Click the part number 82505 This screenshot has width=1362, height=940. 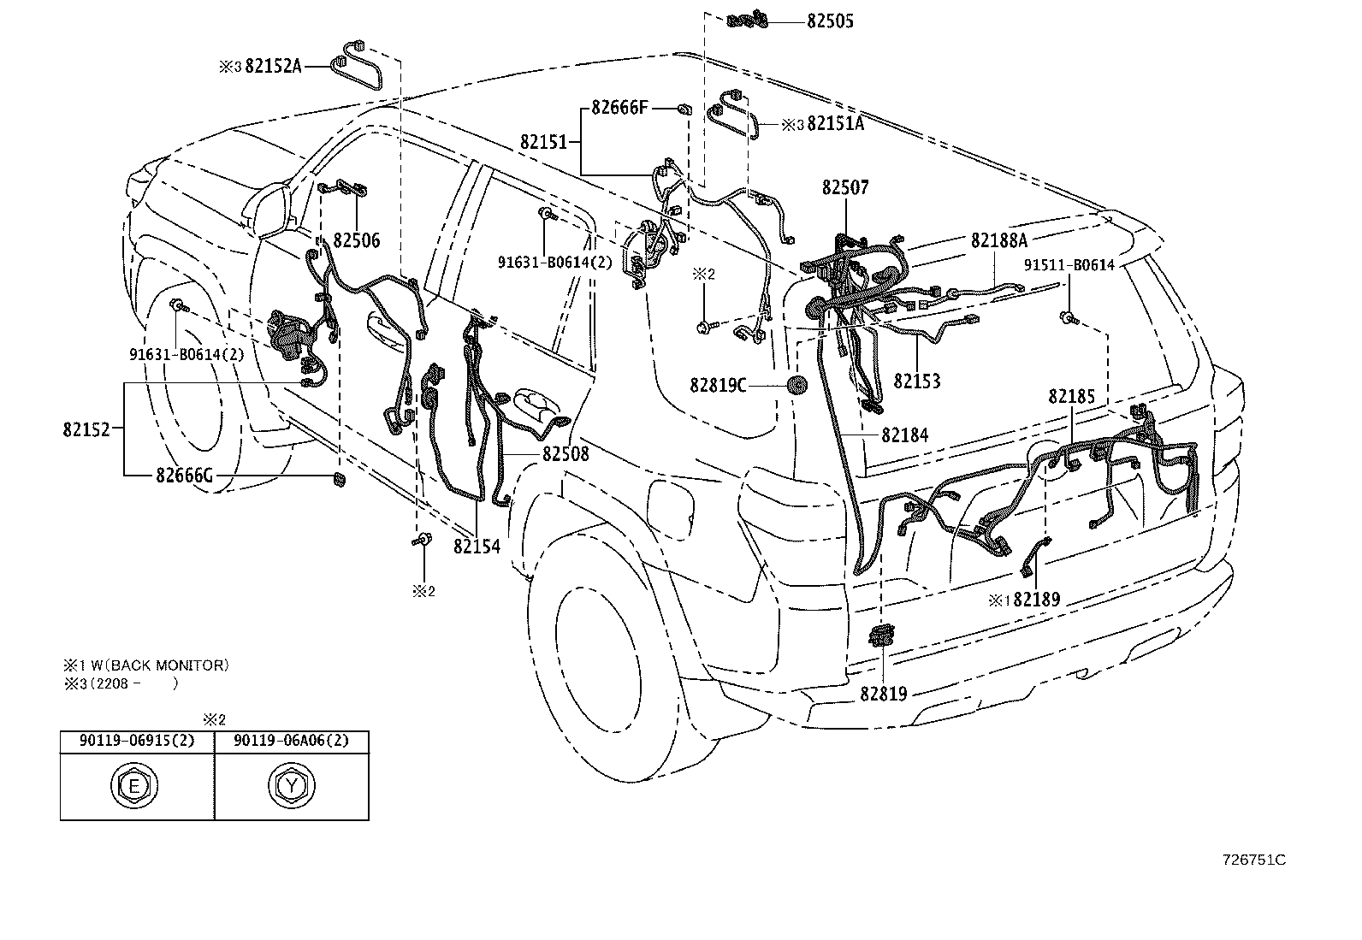tap(830, 21)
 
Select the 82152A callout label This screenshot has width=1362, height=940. tap(273, 66)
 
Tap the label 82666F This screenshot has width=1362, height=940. tap(619, 108)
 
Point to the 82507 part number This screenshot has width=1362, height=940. tap(845, 187)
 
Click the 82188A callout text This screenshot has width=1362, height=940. tap(999, 241)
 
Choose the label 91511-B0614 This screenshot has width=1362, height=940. tap(1069, 265)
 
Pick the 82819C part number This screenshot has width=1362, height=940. tap(718, 386)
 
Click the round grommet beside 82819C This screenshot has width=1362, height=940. tap(796, 385)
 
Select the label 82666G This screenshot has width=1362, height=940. tap(184, 476)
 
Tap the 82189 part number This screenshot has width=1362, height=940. tap(1037, 600)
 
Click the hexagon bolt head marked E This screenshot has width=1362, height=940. tap(134, 786)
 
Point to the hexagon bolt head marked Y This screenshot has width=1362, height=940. tap(292, 786)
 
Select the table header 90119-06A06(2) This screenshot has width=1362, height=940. tap(291, 741)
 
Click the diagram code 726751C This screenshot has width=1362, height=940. tap(1253, 860)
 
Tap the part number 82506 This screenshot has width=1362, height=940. tap(356, 241)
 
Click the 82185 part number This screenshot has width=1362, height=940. tap(1071, 397)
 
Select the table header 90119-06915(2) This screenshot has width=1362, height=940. tap(137, 741)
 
